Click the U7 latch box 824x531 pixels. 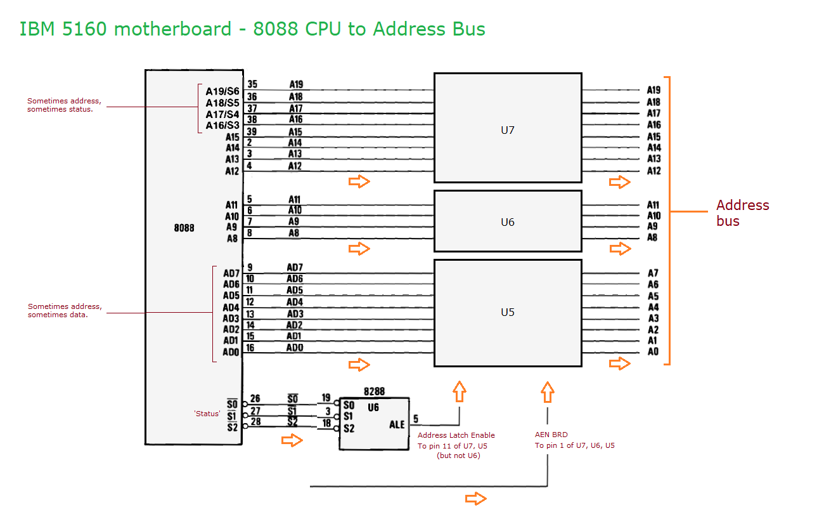coord(507,131)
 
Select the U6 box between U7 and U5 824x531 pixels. coord(507,222)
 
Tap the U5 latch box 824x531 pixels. coord(507,312)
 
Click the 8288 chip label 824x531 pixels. coord(374,391)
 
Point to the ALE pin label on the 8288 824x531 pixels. coord(397,425)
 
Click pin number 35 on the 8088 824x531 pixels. coord(252,84)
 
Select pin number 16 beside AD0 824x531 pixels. coord(250,348)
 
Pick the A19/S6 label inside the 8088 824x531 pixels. coord(222,91)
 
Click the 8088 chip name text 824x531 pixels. coord(184,228)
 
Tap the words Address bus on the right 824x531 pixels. coord(742,213)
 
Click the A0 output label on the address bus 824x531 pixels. coord(653,351)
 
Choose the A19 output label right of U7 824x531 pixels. coord(653,91)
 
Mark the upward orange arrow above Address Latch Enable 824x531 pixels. coord(460,392)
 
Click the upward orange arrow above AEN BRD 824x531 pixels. coord(548,392)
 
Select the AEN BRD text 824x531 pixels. coord(551,435)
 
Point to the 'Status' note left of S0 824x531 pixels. coord(207,414)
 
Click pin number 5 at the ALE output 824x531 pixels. coord(415,419)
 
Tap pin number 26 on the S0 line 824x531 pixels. coord(255,399)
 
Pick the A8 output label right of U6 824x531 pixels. coord(653,238)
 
